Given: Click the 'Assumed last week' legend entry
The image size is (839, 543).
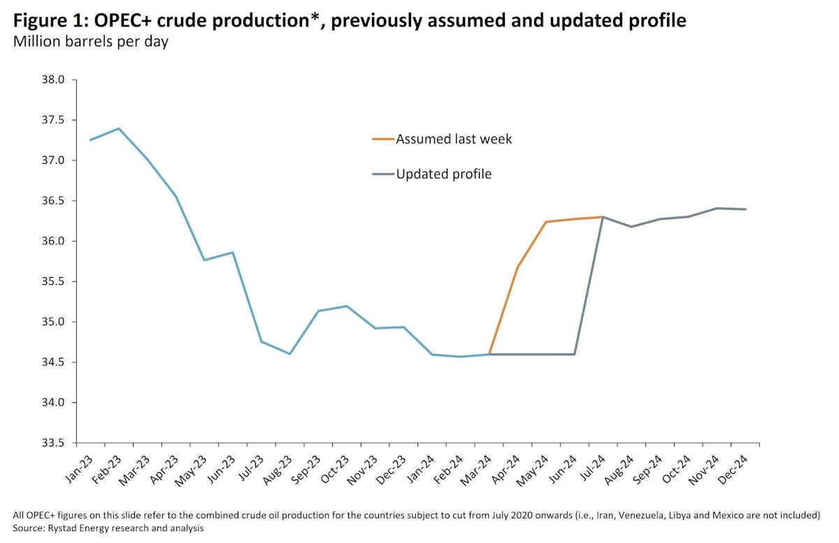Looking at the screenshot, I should pyautogui.click(x=454, y=139).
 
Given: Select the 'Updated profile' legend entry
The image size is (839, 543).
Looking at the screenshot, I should pyautogui.click(x=443, y=174).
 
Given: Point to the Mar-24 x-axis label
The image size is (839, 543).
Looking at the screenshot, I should pyautogui.click(x=473, y=465).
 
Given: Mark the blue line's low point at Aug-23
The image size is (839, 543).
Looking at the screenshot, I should pyautogui.click(x=289, y=354).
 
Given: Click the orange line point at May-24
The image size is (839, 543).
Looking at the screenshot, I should pyautogui.click(x=546, y=222).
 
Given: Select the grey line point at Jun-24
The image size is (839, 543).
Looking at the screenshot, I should pyautogui.click(x=575, y=354).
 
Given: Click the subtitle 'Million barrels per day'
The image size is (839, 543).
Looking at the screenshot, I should pyautogui.click(x=90, y=42).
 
